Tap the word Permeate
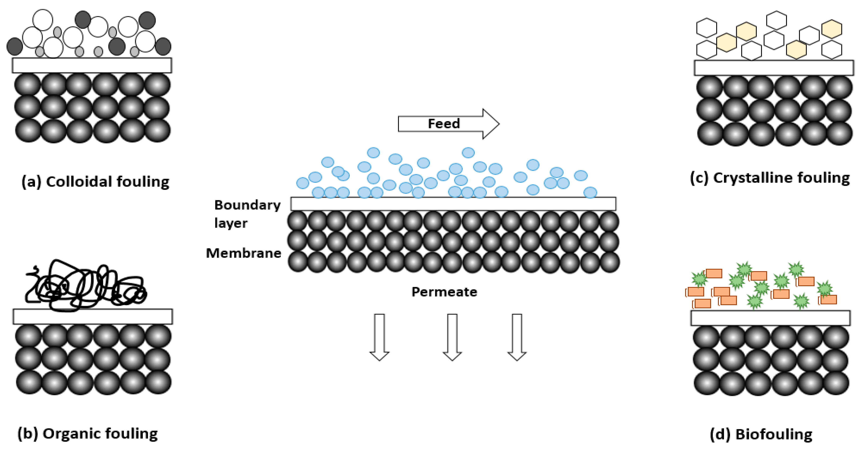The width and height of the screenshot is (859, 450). pos(444,292)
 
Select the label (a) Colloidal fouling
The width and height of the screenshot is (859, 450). pos(95,182)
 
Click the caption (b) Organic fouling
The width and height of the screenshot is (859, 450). pos(87,434)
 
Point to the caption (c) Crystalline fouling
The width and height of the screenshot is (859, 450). pos(770,178)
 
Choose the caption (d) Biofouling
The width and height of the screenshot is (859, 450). pos(761,434)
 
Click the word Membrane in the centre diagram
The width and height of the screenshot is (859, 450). pos(243,253)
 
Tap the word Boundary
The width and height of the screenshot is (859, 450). pos(247,205)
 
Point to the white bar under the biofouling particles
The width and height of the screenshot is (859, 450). pos(770,318)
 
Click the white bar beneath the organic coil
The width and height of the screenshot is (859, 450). pos(93,316)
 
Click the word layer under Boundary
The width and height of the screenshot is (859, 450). pos(231,223)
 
